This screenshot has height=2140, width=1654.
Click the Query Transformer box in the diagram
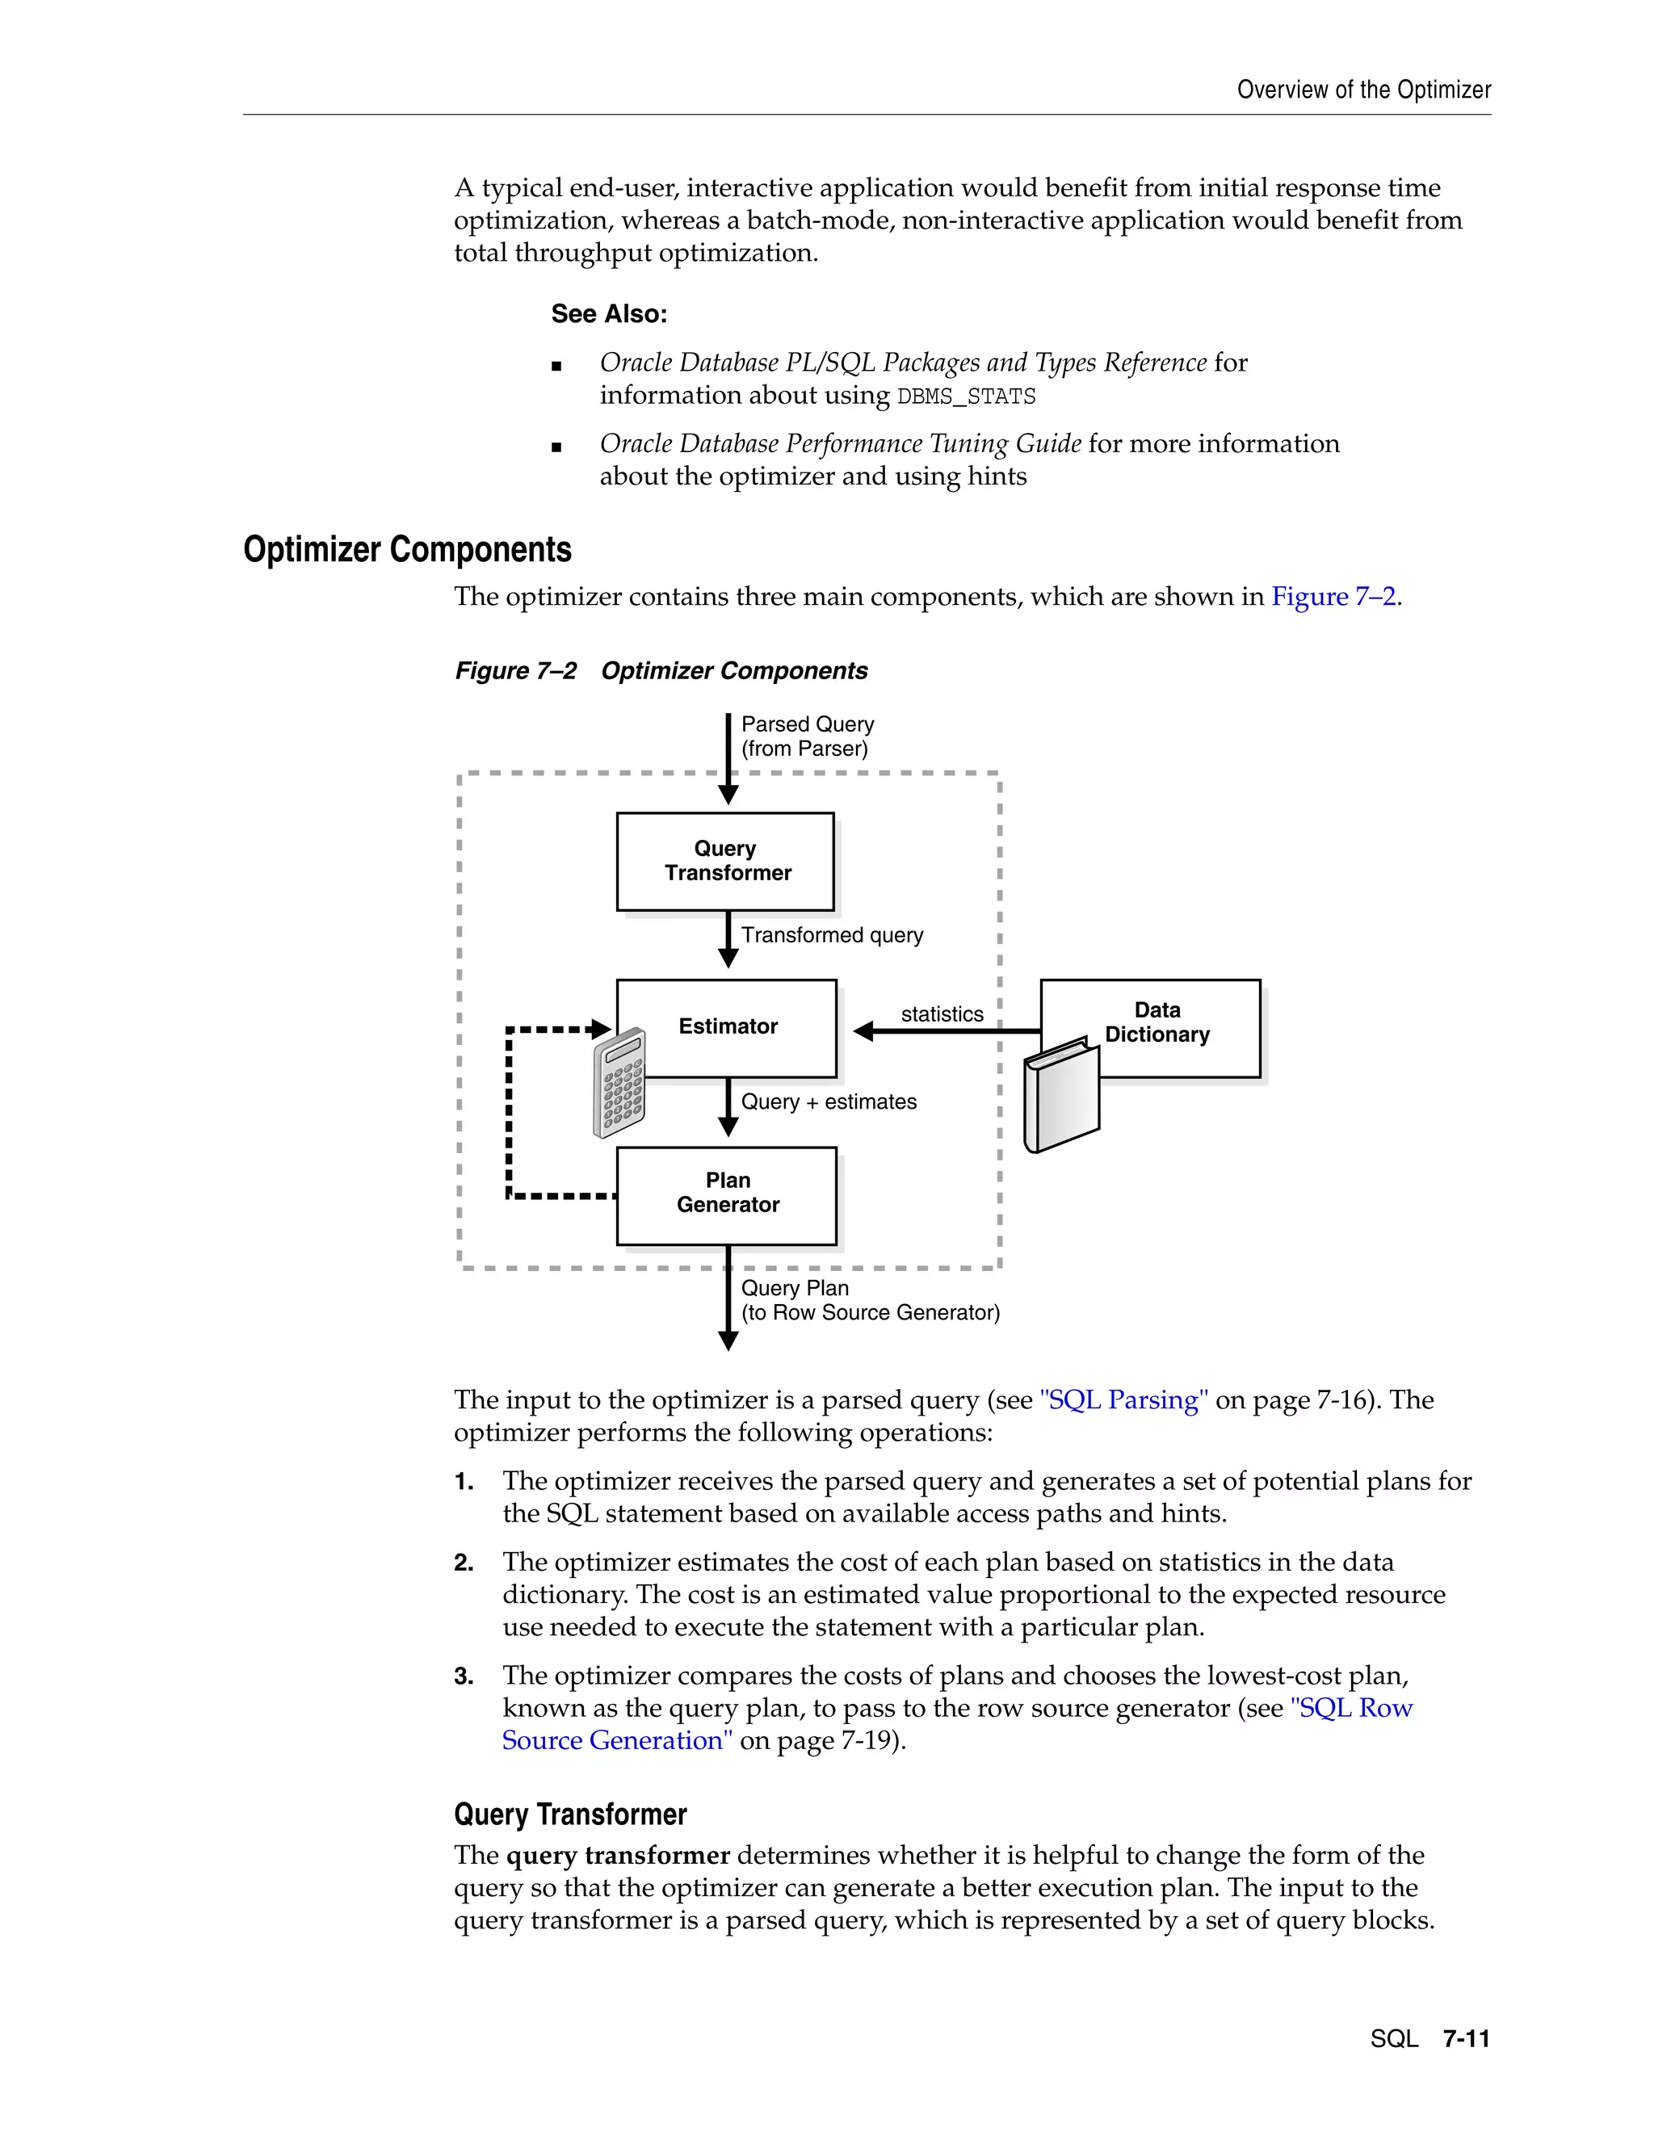[x=725, y=862]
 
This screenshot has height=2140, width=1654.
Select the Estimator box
[x=728, y=1027]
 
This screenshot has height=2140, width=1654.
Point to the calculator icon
[x=619, y=1084]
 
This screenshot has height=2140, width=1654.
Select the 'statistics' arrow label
[x=942, y=1014]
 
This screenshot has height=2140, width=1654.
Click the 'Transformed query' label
[x=832, y=936]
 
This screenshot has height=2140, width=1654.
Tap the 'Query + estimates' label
[x=829, y=1102]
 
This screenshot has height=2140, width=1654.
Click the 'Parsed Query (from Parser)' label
[x=808, y=736]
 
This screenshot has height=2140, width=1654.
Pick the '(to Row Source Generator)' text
[x=870, y=1313]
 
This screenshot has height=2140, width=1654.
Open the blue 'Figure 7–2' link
[x=1333, y=597]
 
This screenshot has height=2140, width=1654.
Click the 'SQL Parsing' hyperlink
[x=1123, y=1400]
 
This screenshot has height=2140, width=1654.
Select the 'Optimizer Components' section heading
[x=407, y=550]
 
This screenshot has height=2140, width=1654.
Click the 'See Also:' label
[x=608, y=314]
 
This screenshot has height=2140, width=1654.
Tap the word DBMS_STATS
[x=966, y=397]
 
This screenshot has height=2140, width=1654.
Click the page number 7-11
[x=1466, y=2038]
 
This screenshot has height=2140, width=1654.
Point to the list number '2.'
[x=464, y=1563]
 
